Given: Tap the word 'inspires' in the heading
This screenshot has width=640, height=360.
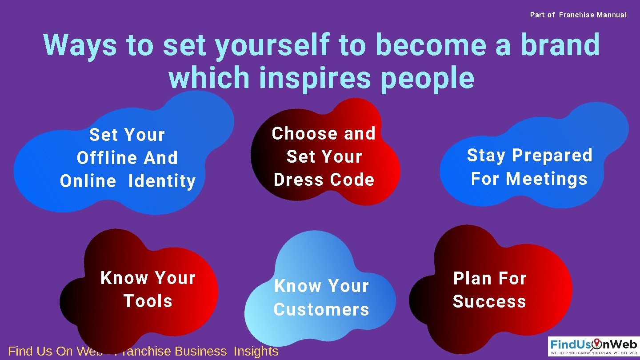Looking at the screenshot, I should [x=314, y=78].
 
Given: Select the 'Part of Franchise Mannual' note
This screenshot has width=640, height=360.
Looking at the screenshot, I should [x=578, y=15].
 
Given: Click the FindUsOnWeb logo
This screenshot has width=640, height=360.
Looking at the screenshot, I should [x=593, y=346].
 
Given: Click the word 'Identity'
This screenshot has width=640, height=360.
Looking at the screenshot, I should [x=162, y=181].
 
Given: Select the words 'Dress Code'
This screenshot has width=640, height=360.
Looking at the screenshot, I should [x=324, y=180].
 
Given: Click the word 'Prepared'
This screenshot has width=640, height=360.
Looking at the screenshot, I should [x=552, y=156].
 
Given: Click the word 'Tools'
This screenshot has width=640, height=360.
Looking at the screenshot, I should [x=148, y=301].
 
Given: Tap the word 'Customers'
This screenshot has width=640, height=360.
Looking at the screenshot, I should [x=321, y=309].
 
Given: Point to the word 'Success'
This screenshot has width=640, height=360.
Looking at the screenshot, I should [x=489, y=301].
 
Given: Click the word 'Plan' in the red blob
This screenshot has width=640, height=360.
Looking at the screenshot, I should [x=469, y=279].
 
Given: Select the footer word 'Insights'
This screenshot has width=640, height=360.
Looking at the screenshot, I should [x=256, y=351].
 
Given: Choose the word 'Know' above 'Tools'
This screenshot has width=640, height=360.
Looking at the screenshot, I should [x=124, y=278].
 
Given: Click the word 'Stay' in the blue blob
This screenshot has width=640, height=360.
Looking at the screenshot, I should [x=486, y=156].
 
